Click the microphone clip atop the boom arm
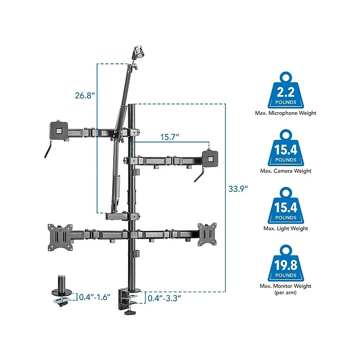point(139,52)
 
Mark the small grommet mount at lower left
point(63,296)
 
